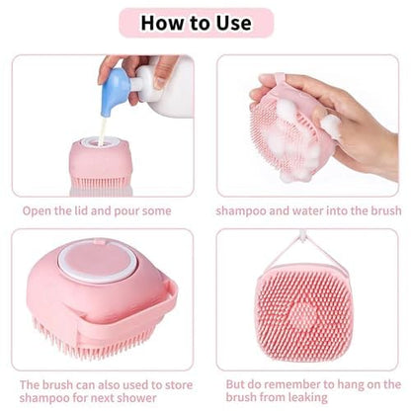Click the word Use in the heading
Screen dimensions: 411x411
pos(233,23)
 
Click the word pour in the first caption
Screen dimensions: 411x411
pos(127,211)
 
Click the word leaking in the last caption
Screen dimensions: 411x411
pos(308,398)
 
